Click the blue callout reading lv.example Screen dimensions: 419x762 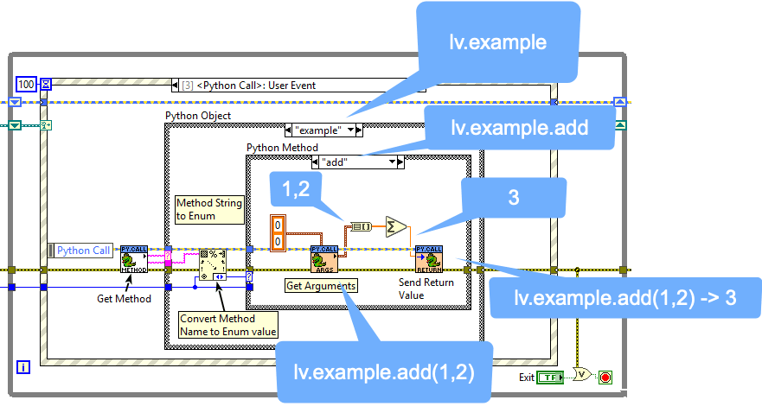point(496,41)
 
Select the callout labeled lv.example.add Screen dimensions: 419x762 point(519,128)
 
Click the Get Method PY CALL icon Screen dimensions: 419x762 point(134,257)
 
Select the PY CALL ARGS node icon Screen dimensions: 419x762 point(323,259)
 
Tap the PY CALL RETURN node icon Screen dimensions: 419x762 point(429,259)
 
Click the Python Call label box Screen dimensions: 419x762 point(83,251)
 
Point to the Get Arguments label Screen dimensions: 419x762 point(320,284)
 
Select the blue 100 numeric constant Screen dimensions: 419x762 point(27,84)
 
